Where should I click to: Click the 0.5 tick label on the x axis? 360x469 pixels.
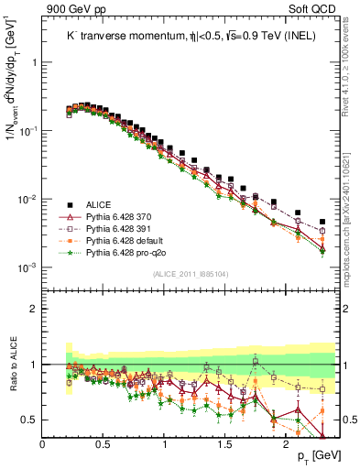point(103,444)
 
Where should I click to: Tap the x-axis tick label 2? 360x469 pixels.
point(285,444)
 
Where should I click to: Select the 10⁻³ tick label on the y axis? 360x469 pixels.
point(27,267)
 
